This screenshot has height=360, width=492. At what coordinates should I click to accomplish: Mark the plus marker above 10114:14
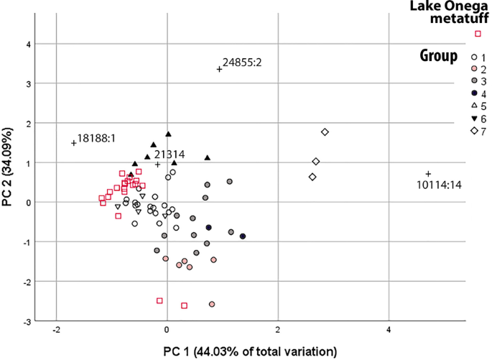pos(428,174)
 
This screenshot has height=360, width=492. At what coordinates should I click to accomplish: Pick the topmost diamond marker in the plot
pos(325,132)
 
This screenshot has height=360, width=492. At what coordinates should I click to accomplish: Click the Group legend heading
pos(439,56)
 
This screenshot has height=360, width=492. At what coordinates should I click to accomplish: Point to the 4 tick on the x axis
pos(389,333)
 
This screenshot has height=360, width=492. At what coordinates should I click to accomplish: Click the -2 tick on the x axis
pos(56,333)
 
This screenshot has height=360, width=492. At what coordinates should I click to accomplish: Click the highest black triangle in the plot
pos(168,134)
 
